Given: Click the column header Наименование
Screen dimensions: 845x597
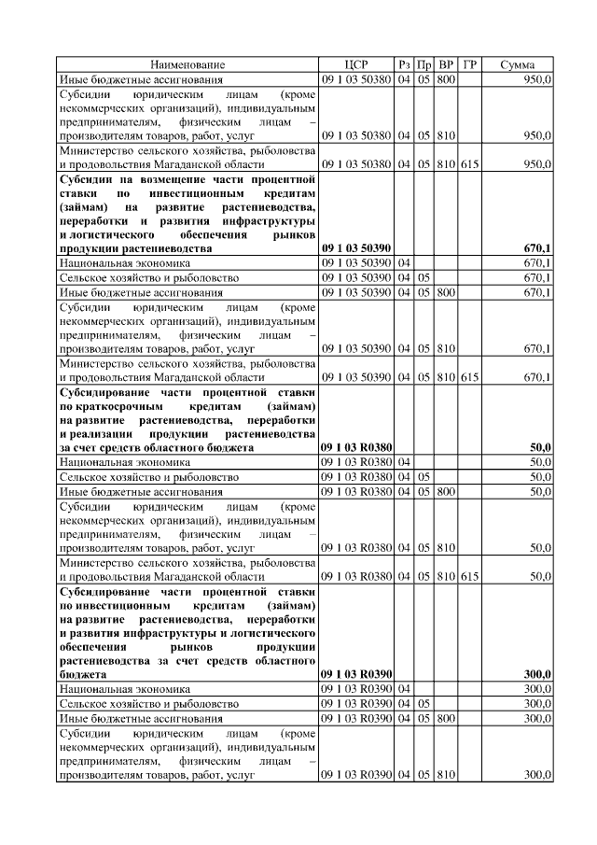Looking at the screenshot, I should [189, 64].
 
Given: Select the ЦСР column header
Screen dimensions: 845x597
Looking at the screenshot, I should [357, 64].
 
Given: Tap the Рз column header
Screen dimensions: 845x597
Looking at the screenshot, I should [404, 64].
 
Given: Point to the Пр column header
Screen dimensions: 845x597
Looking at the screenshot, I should [424, 64].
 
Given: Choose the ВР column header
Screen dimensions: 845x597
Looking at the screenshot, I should [446, 64].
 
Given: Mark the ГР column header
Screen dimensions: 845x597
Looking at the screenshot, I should [470, 64].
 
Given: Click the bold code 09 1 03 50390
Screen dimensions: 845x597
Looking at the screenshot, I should [356, 249].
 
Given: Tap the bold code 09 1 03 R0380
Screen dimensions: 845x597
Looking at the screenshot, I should [356, 447].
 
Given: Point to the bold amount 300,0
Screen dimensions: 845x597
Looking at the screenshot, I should [537, 673].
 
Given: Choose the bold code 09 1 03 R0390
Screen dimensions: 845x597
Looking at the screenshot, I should [356, 673].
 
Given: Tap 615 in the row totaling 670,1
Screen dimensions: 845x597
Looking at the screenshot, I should [469, 376].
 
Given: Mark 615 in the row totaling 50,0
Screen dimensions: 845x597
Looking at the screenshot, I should [469, 576].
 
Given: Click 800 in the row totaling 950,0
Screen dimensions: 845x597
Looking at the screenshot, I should [445, 79].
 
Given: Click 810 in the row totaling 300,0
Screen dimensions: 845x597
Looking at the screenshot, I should [445, 775].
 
